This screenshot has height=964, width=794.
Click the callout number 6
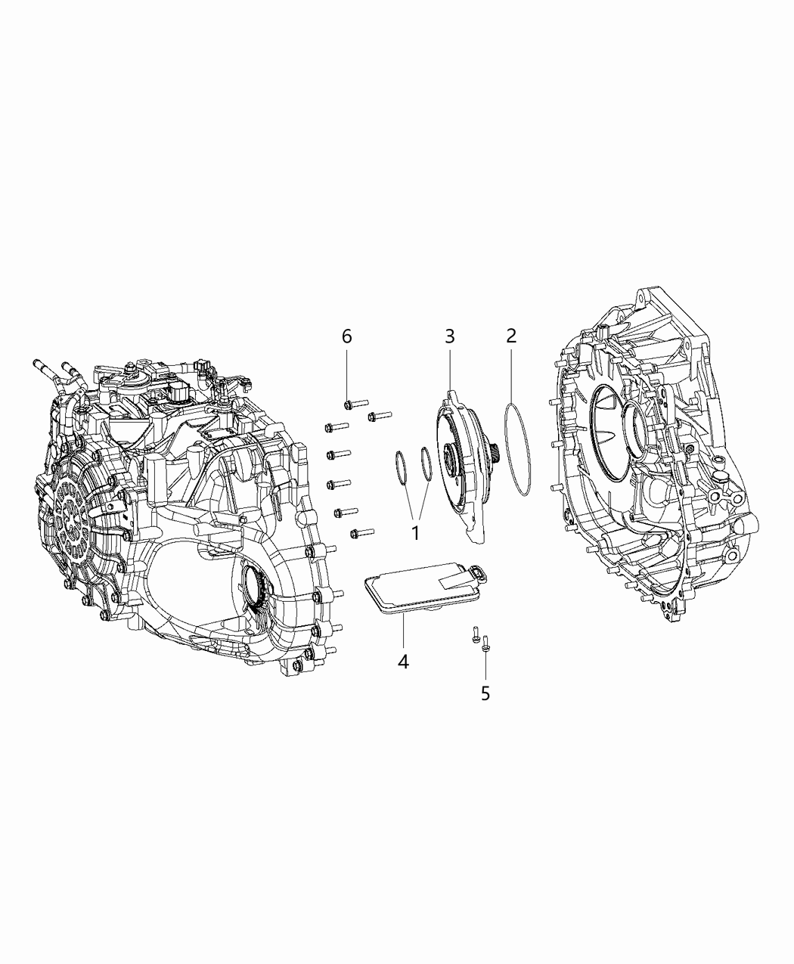point(347,336)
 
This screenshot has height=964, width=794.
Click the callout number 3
point(449,336)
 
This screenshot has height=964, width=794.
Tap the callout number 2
point(511,336)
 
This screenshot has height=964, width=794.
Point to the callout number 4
point(403,662)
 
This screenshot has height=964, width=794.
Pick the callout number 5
point(485,693)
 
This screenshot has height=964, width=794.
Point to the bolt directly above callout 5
point(486,642)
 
